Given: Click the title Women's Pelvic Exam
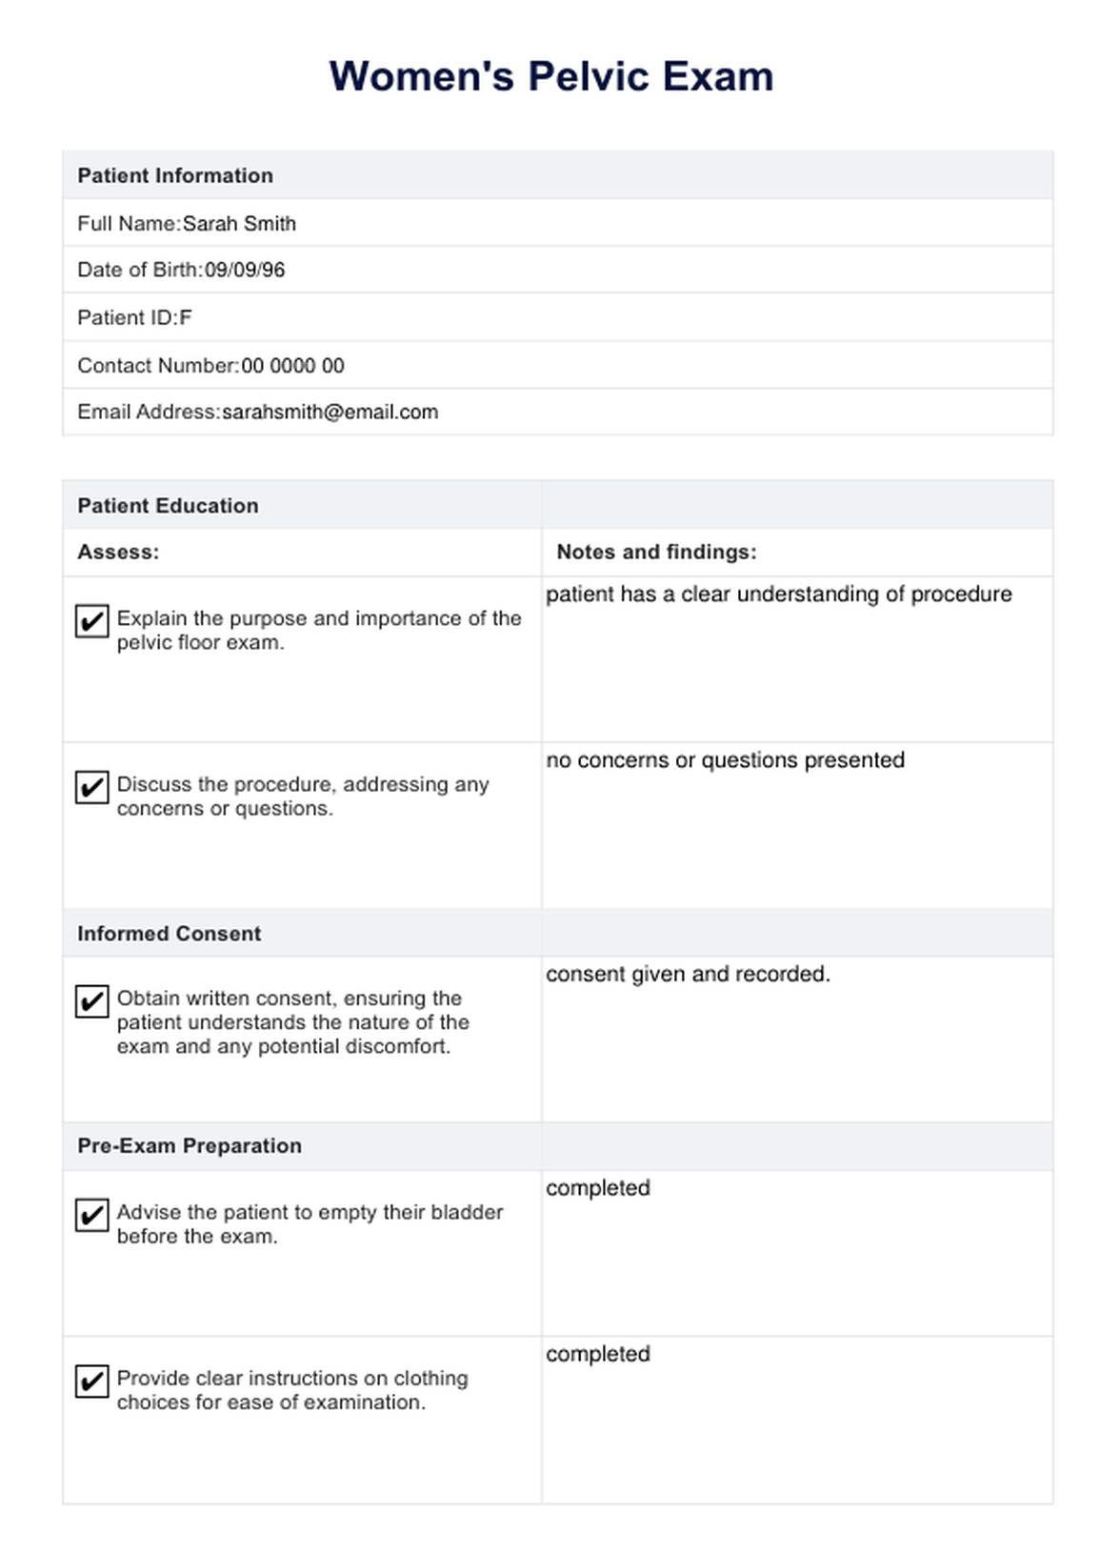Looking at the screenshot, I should click(551, 76).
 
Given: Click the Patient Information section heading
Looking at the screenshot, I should click(175, 175).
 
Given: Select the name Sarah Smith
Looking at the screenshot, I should click(239, 224).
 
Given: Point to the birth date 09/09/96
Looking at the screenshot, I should click(245, 271).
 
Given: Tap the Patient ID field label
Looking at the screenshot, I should click(127, 318).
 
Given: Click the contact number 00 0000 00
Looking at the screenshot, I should click(292, 366).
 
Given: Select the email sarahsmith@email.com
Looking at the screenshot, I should click(330, 413).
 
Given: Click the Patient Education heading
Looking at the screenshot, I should click(168, 506).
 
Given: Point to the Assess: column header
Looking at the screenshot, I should click(118, 553).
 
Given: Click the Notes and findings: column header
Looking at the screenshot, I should click(656, 553).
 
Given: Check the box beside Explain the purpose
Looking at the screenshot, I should click(91, 621).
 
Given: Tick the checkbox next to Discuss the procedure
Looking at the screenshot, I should click(91, 787).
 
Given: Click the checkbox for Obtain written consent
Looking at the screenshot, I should click(91, 1001).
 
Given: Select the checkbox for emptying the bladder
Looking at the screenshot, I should click(91, 1215).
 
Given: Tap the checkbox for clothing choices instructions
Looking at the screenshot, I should click(91, 1381).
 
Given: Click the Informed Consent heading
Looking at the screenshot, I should click(169, 934).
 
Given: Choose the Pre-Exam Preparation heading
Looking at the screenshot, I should click(190, 1146).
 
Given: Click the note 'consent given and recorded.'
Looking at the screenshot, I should click(688, 975).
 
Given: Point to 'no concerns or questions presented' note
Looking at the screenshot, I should click(725, 760).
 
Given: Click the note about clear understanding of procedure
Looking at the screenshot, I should click(778, 595).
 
